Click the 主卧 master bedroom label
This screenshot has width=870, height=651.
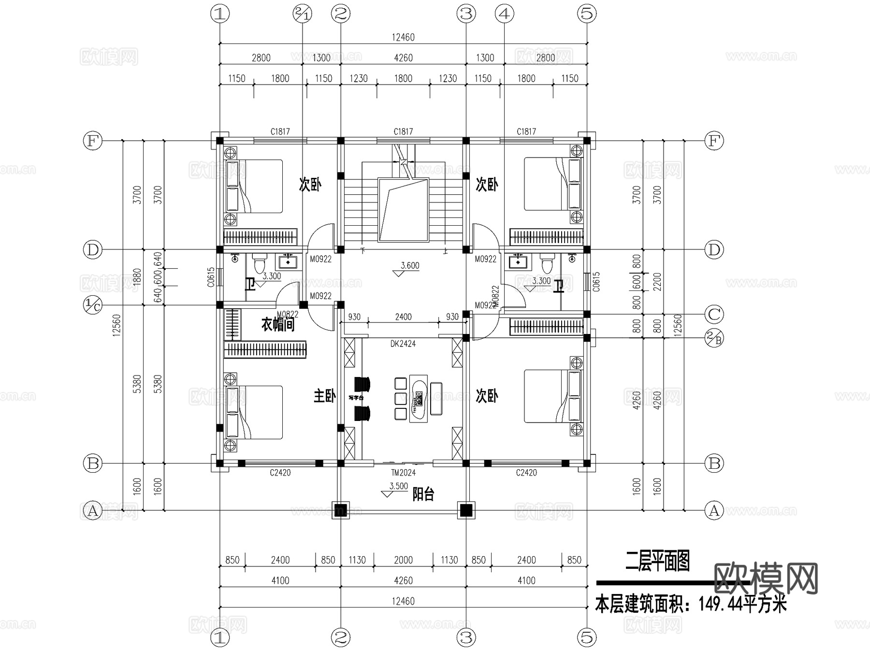(324, 396)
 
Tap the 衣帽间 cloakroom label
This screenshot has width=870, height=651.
(278, 324)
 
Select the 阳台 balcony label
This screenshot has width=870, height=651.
(423, 494)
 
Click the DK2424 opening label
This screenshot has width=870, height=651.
(403, 344)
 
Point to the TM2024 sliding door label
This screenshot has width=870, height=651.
(403, 473)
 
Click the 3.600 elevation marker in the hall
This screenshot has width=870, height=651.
(410, 266)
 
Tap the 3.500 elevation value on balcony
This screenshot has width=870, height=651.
(398, 486)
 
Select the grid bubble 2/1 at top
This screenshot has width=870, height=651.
(303, 14)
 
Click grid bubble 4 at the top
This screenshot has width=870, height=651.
(504, 14)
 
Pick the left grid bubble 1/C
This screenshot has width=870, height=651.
(93, 305)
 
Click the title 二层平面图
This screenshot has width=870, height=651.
(657, 562)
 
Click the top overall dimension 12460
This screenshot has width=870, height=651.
(403, 37)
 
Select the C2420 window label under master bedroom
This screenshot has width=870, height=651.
(280, 473)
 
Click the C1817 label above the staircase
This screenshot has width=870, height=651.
(403, 131)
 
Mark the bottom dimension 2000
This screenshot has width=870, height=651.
(403, 560)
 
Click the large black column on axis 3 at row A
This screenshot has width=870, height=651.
(465, 510)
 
